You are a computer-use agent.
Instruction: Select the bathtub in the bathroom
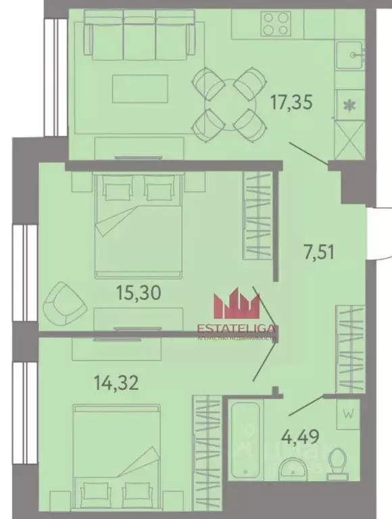tap(245, 439)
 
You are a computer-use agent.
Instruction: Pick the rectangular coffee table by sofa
tap(139, 86)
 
